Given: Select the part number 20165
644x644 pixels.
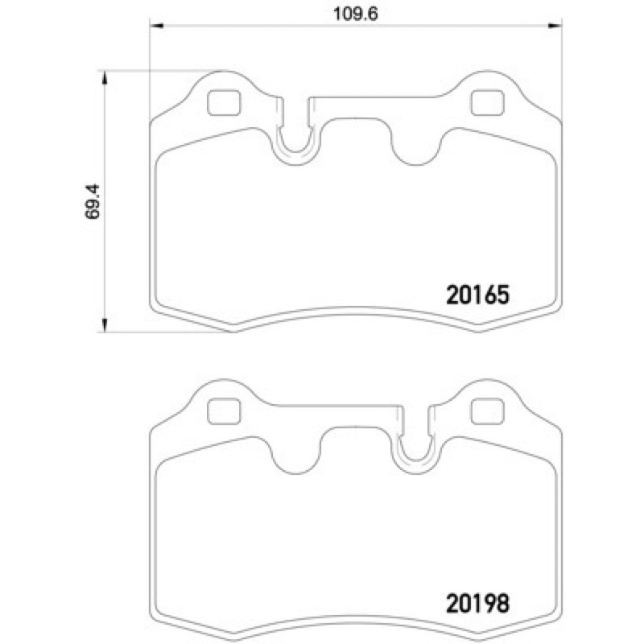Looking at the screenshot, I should (x=477, y=295).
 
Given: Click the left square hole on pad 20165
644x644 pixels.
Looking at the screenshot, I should (x=223, y=104).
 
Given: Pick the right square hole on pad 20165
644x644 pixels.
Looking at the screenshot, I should (x=485, y=104).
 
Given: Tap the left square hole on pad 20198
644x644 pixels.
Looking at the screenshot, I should (x=223, y=412).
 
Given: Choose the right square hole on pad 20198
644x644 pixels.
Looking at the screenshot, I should (x=485, y=412).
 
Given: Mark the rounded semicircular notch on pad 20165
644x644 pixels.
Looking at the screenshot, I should (x=415, y=145).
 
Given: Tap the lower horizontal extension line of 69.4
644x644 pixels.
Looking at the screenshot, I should (x=161, y=330).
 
